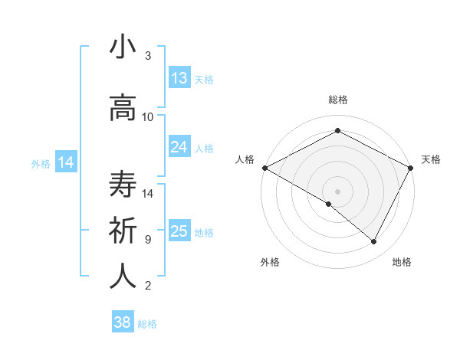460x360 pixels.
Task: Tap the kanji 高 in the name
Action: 123,107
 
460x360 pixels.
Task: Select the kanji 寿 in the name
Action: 123,185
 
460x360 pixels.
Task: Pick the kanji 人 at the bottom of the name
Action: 123,276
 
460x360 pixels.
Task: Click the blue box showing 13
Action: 179,78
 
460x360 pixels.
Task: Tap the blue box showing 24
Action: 179,147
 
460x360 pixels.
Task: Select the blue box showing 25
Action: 179,231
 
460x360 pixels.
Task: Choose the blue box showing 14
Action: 66,162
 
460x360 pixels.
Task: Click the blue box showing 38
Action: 123,322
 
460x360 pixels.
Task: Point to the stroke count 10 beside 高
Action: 148,116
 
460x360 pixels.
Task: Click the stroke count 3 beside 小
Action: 148,56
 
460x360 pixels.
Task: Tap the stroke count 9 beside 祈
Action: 148,239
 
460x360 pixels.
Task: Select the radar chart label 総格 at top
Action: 338,100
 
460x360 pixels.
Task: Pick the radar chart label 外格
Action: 270,262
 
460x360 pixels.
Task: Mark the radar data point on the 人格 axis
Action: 264,168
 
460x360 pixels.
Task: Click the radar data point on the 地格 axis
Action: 374,242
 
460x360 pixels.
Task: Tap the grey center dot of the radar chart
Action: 338,191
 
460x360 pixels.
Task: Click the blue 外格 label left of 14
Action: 41,163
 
